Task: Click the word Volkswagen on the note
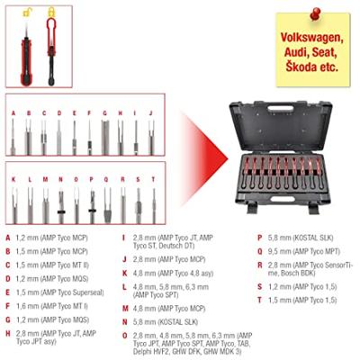click(x=313, y=39)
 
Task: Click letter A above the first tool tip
click(x=13, y=113)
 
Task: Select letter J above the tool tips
click(x=150, y=113)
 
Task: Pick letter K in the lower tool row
click(x=13, y=179)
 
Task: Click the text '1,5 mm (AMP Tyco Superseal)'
click(x=55, y=292)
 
